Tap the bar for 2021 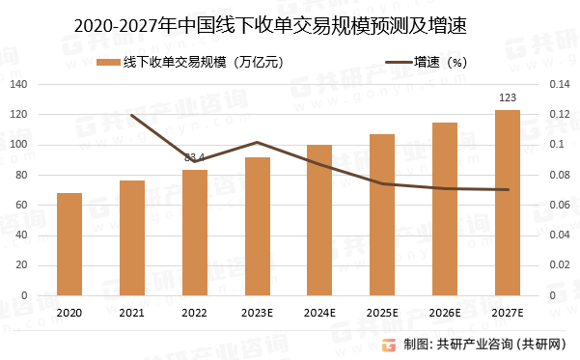coord(132,237)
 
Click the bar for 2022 coord(195,233)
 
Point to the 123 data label coord(508,97)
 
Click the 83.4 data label coord(195,157)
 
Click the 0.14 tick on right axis coord(560,84)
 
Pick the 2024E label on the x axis coord(319,312)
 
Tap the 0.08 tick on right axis coord(560,175)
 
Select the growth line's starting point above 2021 coord(132,115)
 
